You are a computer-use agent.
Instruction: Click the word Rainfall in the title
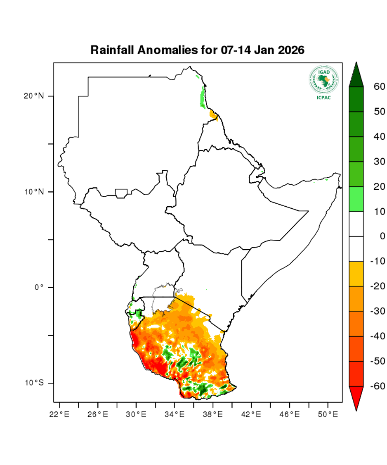(x=112, y=50)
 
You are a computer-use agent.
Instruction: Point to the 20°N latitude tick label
(x=33, y=96)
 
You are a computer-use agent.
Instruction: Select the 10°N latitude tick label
(x=33, y=192)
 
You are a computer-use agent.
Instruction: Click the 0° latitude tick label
(x=39, y=287)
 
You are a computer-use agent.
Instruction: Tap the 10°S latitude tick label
(x=33, y=383)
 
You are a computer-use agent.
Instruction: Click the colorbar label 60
(x=380, y=87)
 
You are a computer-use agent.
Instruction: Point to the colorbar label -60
(x=378, y=386)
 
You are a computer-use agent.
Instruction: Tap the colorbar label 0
(x=382, y=236)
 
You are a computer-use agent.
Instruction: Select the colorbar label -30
(x=378, y=311)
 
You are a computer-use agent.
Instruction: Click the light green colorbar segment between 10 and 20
(x=356, y=199)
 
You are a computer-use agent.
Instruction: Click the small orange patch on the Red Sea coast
(x=213, y=114)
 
